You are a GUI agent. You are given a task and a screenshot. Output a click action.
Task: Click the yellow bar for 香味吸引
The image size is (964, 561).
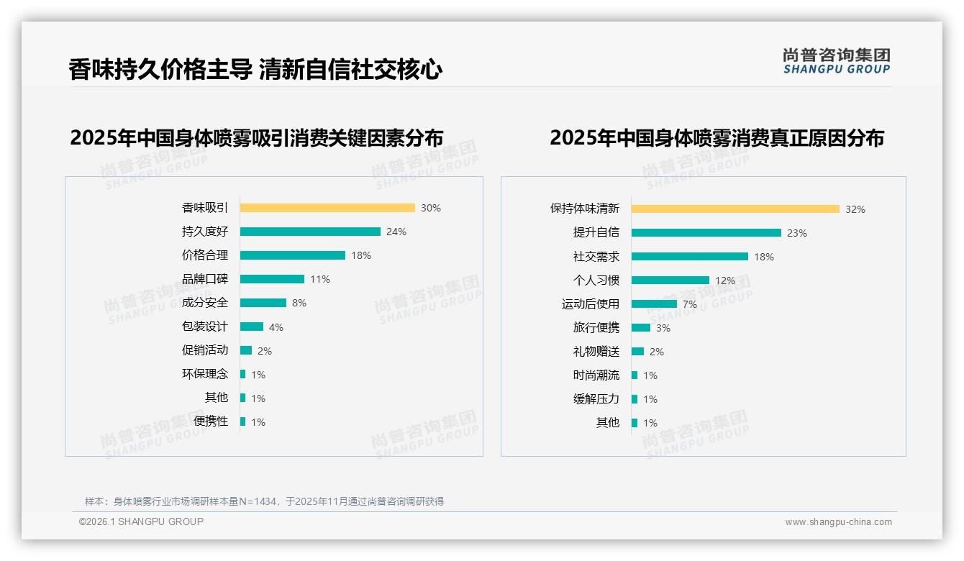click(x=327, y=208)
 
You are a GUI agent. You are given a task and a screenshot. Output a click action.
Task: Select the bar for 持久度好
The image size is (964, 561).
click(x=310, y=232)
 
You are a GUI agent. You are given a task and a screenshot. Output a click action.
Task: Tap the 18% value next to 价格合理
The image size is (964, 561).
click(x=361, y=255)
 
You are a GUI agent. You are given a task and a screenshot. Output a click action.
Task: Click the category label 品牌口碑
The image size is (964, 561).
click(x=205, y=279)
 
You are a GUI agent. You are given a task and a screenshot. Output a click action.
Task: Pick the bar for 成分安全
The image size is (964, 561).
click(x=263, y=303)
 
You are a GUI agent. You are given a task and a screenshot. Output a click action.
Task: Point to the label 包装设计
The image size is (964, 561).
click(x=205, y=327)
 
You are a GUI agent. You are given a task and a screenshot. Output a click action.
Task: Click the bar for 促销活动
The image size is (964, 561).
click(x=246, y=350)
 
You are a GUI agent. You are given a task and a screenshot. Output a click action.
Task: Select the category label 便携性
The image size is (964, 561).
click(x=211, y=421)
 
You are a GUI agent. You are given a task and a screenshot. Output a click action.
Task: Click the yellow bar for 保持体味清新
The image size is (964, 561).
click(x=735, y=209)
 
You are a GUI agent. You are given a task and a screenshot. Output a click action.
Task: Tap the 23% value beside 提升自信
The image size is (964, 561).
click(x=797, y=233)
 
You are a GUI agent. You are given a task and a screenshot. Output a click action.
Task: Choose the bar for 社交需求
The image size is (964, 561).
click(x=690, y=257)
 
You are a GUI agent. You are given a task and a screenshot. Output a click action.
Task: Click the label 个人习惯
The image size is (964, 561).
click(x=596, y=280)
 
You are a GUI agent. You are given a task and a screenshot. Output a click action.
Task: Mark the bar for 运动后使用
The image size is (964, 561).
click(x=654, y=304)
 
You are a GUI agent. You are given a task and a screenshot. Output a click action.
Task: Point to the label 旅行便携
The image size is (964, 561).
click(x=596, y=328)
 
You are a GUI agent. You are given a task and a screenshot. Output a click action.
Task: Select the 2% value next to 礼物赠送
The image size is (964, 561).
click(x=657, y=352)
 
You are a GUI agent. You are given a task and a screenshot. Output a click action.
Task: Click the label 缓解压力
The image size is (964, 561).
click(x=596, y=399)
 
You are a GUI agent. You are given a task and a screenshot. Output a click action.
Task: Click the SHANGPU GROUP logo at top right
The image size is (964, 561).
click(x=837, y=61)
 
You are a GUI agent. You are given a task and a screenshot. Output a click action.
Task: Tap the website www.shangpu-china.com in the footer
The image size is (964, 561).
click(x=838, y=522)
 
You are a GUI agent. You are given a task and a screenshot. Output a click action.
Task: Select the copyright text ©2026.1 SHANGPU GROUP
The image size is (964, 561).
click(x=142, y=521)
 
